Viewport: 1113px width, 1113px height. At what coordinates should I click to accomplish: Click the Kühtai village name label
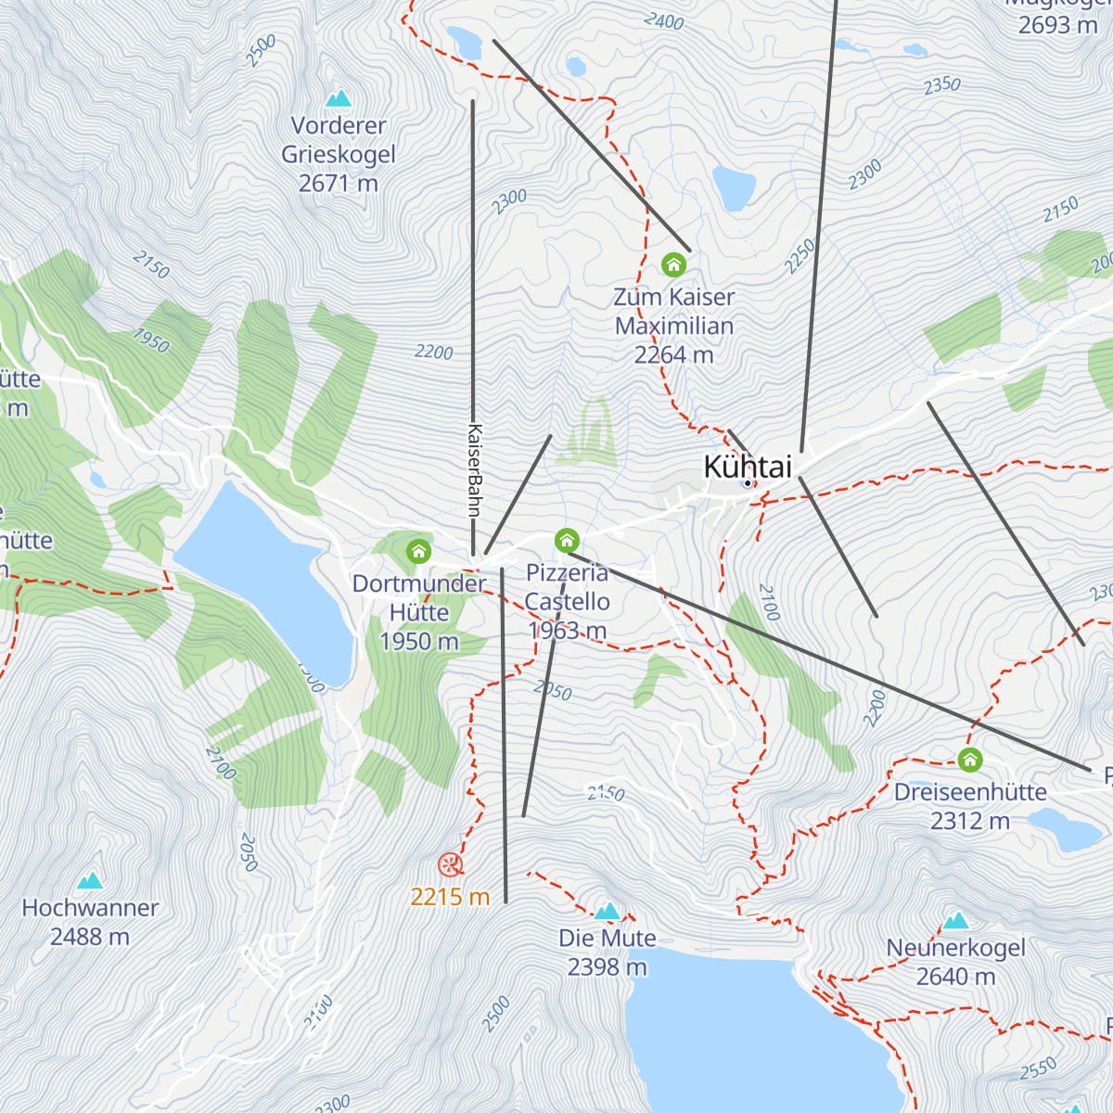pos(748,467)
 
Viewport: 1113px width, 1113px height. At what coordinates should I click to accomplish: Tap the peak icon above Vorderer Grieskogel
pos(339,98)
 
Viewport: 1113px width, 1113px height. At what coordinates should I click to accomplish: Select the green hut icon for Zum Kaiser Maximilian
pos(673,265)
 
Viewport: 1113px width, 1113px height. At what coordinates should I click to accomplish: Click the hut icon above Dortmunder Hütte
pos(418,552)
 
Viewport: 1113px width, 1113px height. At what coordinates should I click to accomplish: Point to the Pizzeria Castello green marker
pos(567,540)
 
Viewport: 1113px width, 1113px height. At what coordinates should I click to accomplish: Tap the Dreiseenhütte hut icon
pos(970,760)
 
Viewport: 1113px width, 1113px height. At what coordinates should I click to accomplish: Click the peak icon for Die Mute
pos(608,912)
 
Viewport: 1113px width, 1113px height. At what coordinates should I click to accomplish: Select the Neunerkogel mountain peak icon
pos(956,921)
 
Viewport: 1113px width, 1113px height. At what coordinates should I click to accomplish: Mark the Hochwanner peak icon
pos(90,880)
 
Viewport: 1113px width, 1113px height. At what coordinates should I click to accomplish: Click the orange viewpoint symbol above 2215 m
pos(450,865)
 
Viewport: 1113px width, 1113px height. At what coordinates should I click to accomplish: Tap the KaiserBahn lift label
pos(474,469)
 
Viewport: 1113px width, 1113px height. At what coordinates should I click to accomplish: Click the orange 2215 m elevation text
pos(450,897)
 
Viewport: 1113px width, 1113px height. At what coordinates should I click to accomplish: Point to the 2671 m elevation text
pos(339,184)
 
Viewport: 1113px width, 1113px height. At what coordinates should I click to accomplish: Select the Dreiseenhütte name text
pos(970,792)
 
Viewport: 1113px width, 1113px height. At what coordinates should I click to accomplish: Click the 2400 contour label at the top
pos(663,20)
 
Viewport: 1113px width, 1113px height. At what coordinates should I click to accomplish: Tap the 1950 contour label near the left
pos(150,340)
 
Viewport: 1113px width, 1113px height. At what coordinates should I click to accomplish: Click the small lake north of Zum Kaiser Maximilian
pos(734,188)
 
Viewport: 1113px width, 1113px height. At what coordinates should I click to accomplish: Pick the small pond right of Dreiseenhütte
pos(1065,828)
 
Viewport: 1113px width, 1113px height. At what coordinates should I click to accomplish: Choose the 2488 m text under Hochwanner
pos(90,937)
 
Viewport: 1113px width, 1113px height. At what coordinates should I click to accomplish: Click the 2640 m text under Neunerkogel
pos(956,977)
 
